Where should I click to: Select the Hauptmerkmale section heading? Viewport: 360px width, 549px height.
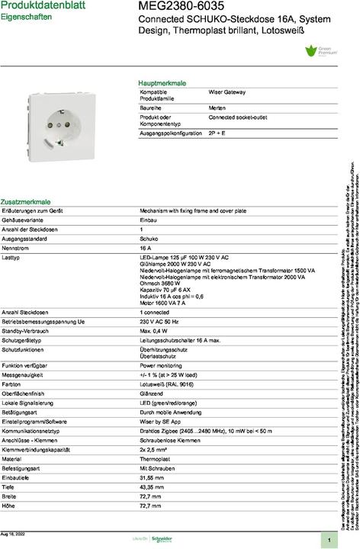[x=162, y=82]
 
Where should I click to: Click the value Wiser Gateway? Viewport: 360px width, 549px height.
[x=227, y=92]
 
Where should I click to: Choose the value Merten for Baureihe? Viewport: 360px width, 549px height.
[x=217, y=109]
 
